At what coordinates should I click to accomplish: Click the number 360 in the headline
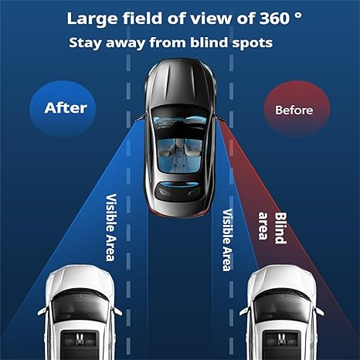coord(274,19)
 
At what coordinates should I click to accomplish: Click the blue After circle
coord(63,108)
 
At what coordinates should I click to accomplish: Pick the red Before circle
coord(297,109)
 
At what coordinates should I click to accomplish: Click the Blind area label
coord(273,228)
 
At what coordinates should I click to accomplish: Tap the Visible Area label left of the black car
coord(111,227)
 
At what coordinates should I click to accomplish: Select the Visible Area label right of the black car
coord(228,239)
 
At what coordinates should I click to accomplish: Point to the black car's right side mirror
coord(219,117)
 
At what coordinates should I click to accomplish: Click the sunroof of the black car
coord(180,155)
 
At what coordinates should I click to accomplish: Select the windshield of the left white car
coord(80,305)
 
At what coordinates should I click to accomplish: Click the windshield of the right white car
coord(282,305)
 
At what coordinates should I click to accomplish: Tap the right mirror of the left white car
coord(118,311)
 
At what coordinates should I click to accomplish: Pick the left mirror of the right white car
coord(244,311)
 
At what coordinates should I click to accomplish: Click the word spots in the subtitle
coord(253,43)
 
